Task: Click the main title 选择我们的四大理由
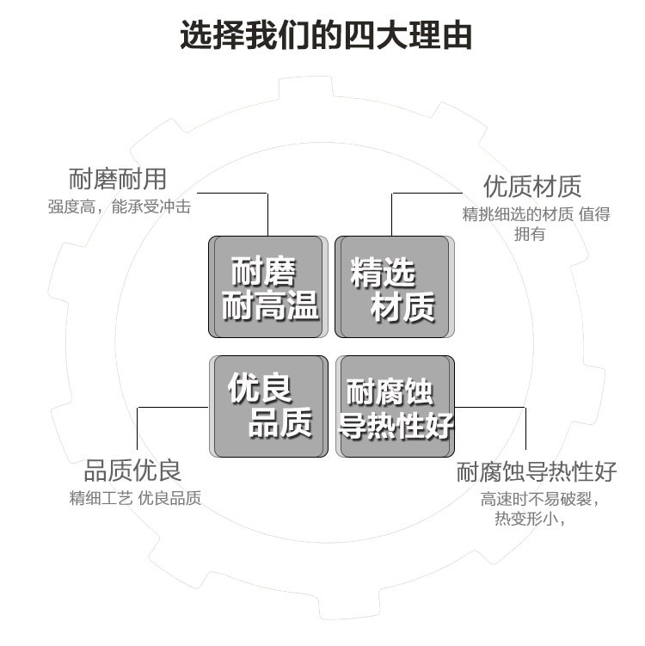click(326, 36)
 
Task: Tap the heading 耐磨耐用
click(117, 180)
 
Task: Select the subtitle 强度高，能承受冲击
click(119, 207)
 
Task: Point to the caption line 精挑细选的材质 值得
click(536, 215)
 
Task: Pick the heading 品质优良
click(132, 471)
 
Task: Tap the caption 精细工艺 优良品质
click(135, 499)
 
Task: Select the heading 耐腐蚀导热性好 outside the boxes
click(537, 472)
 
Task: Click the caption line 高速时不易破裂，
click(539, 500)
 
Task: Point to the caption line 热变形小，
click(529, 520)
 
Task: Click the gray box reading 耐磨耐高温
click(268, 286)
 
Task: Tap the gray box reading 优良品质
click(268, 406)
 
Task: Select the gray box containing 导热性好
click(395, 406)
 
